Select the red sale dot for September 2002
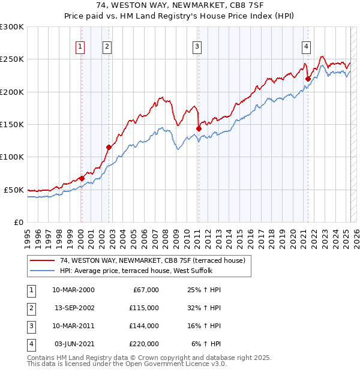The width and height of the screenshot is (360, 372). (109, 147)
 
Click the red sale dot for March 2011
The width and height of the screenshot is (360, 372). (199, 128)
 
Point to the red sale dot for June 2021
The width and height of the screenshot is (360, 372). (307, 79)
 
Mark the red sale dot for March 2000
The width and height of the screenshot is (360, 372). (82, 178)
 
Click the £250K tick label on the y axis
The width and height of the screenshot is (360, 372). (12, 59)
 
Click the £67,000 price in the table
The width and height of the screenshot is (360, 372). (146, 289)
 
